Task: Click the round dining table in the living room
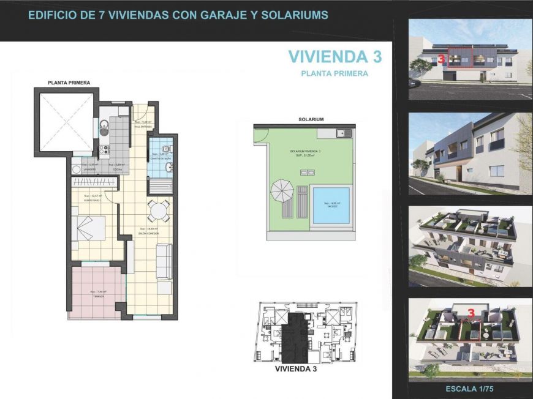point(158,211)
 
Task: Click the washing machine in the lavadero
point(77,170)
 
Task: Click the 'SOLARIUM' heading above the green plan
point(311,119)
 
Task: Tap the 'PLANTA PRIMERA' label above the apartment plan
point(69,82)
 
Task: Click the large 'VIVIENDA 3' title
point(335,57)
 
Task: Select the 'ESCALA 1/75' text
point(470,389)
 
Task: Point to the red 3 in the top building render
point(441,59)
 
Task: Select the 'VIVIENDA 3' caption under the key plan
point(296,369)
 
